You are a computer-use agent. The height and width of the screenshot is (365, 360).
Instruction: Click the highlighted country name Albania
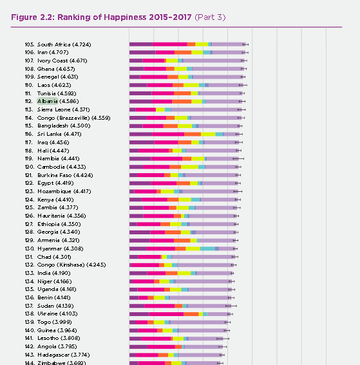(48, 101)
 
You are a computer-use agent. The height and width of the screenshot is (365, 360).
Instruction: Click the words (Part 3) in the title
(210, 17)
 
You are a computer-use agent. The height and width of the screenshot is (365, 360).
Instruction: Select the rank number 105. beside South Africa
(30, 44)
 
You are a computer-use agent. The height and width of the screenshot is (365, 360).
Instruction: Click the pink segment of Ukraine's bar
(166, 314)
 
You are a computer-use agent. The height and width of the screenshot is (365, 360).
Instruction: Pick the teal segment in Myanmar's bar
(207, 248)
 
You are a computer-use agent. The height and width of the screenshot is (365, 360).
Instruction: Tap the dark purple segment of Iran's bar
(142, 52)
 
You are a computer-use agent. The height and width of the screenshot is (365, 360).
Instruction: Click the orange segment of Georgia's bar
(173, 232)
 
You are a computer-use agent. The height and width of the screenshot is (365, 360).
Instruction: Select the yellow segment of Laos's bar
(191, 85)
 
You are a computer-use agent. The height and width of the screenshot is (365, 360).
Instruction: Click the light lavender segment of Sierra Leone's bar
(207, 109)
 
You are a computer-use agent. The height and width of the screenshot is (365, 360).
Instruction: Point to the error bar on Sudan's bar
(231, 306)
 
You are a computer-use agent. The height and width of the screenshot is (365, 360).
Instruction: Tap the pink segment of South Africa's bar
(170, 44)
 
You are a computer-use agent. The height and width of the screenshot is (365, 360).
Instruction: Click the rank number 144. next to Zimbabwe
(30, 363)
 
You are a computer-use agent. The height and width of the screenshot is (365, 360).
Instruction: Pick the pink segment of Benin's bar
(143, 297)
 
